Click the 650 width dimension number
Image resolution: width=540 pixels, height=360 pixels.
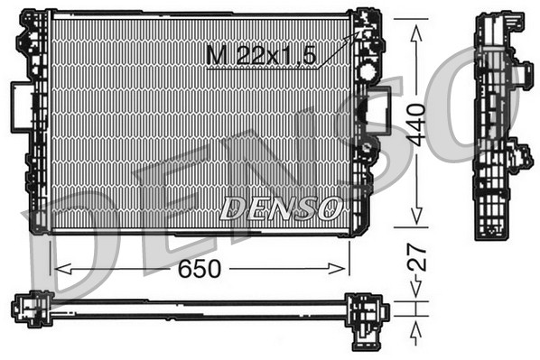tap(200, 269)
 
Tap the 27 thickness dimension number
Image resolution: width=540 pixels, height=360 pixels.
tap(414, 264)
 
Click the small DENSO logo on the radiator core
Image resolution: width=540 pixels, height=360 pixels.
tap(281, 208)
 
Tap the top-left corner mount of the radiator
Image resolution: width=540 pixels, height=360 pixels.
tap(33, 22)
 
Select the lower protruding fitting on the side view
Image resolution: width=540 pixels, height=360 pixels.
tap(519, 154)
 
